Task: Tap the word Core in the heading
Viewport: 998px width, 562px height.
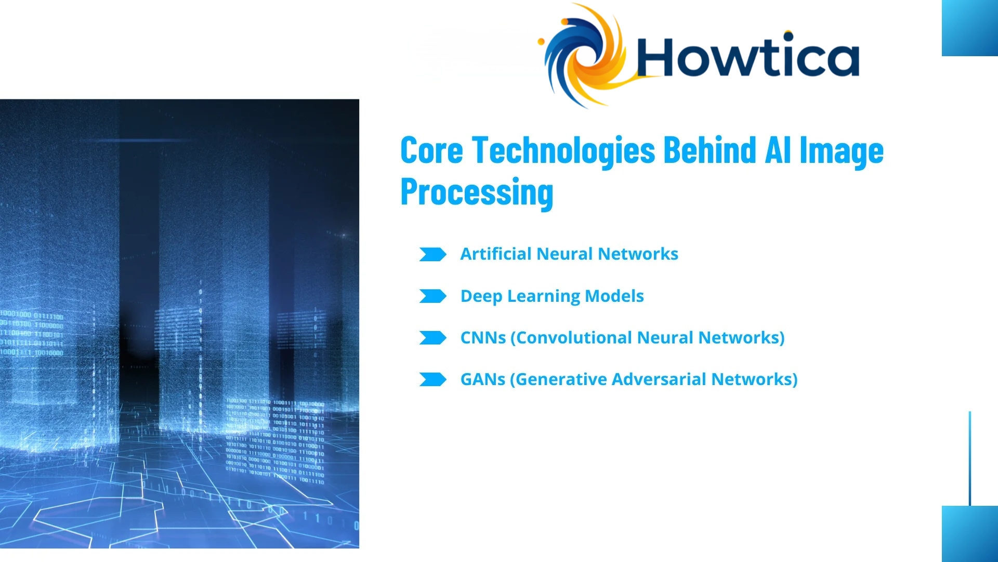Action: (431, 150)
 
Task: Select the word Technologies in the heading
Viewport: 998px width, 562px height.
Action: (563, 151)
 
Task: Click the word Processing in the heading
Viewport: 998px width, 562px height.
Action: (477, 193)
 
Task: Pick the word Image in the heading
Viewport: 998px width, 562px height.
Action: (841, 151)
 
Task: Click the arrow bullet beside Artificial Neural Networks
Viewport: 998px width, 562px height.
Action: (432, 254)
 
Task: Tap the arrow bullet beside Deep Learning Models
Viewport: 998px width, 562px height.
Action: (432, 296)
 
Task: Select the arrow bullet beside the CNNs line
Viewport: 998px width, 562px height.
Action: (432, 338)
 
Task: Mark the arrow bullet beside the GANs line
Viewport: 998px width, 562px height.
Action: (432, 379)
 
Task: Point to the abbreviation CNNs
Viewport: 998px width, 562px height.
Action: (483, 338)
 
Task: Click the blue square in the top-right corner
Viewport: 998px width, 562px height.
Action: (970, 28)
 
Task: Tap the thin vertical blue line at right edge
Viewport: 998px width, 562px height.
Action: (970, 458)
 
